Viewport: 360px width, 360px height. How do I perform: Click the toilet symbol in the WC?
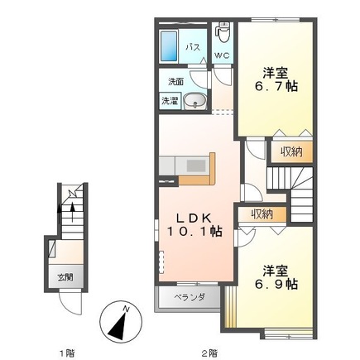coord(222,31)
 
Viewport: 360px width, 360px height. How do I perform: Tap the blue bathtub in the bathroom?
coord(169,46)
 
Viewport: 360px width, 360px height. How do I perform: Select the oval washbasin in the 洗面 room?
coord(195,100)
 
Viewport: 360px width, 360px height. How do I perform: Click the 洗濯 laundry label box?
coord(170,101)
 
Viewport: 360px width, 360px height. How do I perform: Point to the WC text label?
coord(222,55)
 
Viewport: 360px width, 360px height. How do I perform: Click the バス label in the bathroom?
coord(193,48)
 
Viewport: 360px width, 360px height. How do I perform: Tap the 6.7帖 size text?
coord(276,87)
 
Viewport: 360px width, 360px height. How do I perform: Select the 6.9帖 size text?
coord(276,284)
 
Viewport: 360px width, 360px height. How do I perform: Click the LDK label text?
coord(194,218)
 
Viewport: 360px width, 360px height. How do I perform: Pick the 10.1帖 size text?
coord(194,231)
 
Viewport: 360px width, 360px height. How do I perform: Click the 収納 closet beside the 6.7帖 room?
coord(291,152)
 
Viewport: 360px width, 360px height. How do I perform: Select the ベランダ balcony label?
coord(190,297)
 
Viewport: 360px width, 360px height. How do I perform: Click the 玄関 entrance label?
coord(65,277)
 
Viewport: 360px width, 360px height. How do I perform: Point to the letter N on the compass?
coord(126,310)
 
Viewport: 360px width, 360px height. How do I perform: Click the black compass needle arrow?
coord(118,325)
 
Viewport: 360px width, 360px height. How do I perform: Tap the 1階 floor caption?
coord(67,353)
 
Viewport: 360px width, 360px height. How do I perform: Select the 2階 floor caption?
coord(209,353)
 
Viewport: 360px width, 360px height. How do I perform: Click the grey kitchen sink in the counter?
coord(196,166)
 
